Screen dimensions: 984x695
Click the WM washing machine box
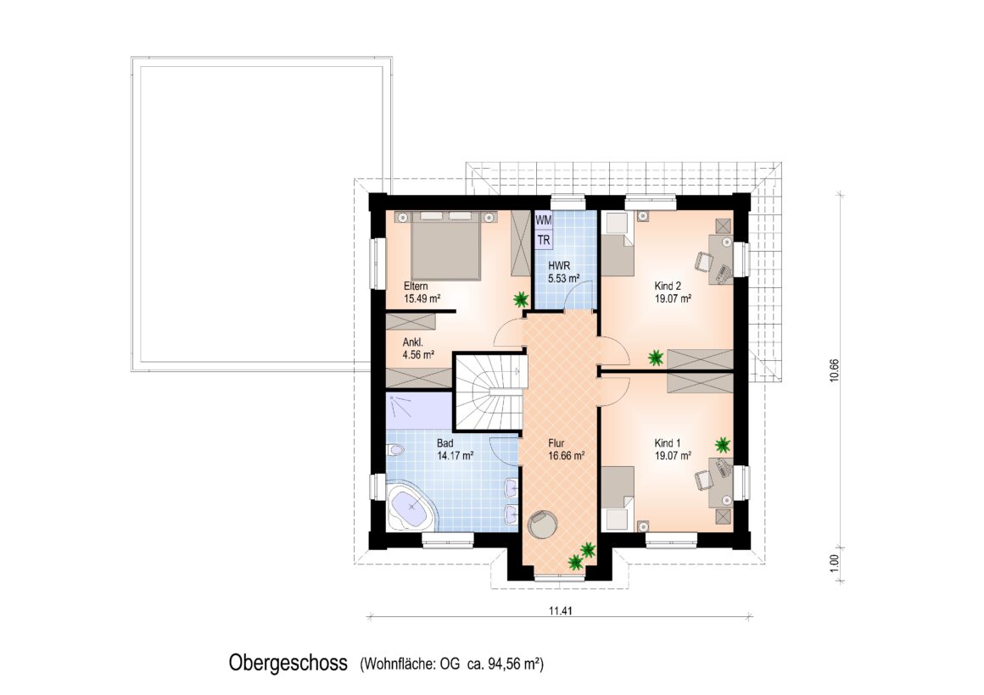[544, 220]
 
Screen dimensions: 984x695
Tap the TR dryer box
[544, 240]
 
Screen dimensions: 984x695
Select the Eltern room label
[416, 286]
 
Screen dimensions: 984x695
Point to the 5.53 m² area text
[563, 278]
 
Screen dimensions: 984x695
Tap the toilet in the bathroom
[394, 450]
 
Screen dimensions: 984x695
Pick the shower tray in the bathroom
[419, 411]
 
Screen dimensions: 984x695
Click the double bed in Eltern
[446, 245]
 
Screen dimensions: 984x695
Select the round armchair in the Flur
[542, 525]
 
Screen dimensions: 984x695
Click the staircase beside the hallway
[489, 393]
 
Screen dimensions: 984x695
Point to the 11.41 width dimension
[561, 610]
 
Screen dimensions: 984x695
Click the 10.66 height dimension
[834, 370]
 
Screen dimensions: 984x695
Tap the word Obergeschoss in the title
[288, 663]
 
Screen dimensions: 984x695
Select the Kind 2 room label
[668, 286]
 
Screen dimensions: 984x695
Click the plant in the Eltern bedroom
[521, 299]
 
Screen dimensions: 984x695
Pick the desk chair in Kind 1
[703, 479]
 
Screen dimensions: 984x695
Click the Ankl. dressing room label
[412, 342]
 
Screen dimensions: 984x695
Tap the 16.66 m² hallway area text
[567, 456]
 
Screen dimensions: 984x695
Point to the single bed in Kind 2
[618, 244]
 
